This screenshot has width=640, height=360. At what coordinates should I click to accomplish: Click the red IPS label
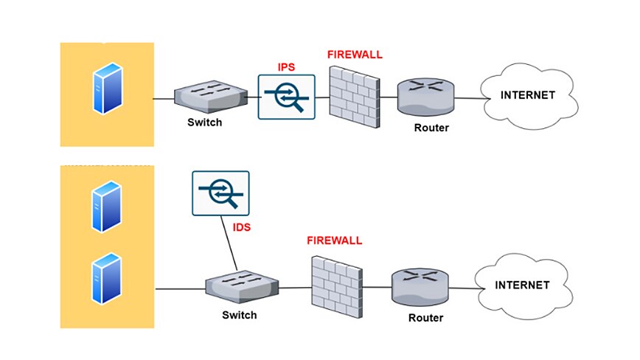(287, 67)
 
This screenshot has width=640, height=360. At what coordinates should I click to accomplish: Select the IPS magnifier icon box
(286, 97)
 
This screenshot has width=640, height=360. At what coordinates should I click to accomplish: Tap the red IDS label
(242, 228)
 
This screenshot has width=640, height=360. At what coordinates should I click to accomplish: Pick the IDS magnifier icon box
(220, 193)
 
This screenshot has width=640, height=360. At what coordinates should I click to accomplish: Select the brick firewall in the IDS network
(335, 286)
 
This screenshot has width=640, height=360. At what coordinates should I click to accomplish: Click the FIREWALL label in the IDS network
(334, 240)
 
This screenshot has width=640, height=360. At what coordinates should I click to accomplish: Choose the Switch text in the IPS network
(204, 122)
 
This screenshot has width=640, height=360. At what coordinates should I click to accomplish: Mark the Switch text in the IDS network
(240, 315)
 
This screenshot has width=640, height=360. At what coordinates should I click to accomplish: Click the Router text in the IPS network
(431, 127)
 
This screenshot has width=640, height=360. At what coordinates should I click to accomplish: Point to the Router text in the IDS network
(425, 318)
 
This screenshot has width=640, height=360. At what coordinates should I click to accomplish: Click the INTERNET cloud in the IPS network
(527, 95)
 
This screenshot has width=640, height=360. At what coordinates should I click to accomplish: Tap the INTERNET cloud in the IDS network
(521, 285)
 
